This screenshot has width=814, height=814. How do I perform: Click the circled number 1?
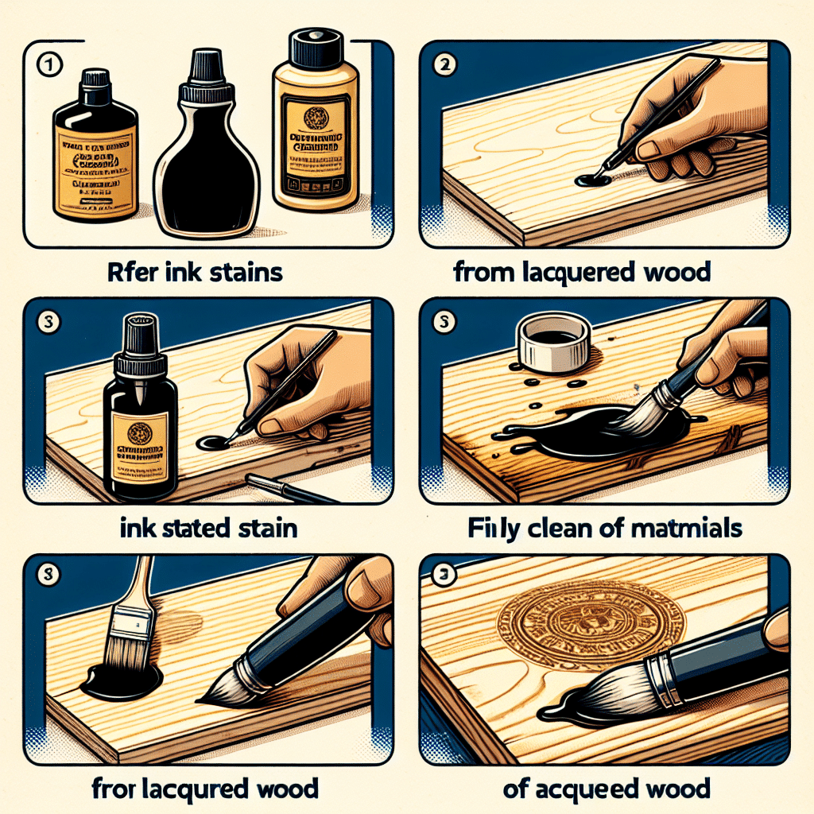coord(49,66)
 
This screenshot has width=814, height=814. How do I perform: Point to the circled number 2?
coord(444,66)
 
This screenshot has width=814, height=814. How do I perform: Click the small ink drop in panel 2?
coord(592,180)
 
